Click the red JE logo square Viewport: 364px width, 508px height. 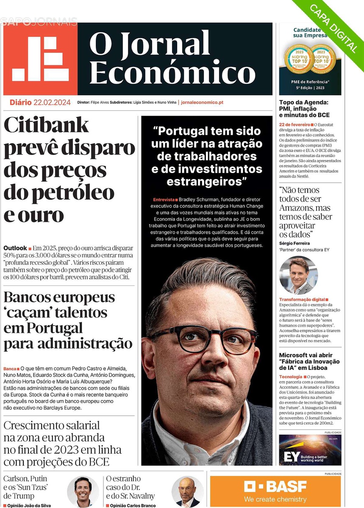point(40,59)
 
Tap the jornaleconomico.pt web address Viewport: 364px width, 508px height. point(202,102)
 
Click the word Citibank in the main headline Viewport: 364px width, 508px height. point(47,125)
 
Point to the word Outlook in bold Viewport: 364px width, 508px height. point(15,248)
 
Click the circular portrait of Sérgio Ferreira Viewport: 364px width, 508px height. point(298,276)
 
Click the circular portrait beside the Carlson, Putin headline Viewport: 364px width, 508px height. point(83,491)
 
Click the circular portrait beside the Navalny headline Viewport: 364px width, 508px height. point(188,491)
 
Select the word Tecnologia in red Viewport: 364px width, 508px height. point(291,376)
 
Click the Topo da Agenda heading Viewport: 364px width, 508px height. point(304,102)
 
